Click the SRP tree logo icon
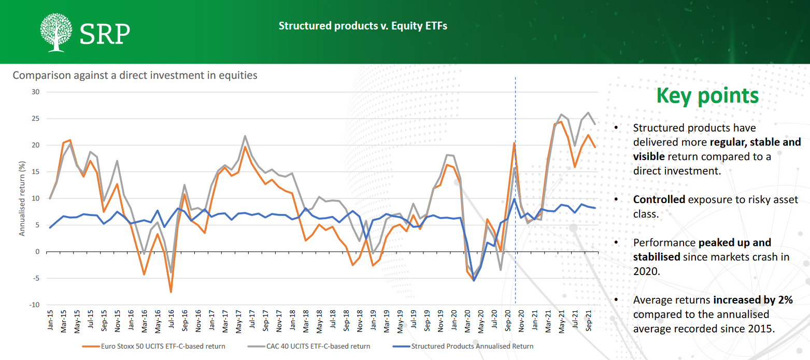[56, 33]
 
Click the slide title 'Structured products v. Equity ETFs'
[363, 25]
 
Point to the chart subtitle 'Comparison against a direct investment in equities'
[135, 75]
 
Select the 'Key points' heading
[707, 96]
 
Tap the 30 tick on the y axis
[36, 92]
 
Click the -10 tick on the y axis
[34, 305]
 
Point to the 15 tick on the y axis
[36, 171]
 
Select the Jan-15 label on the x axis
[50, 322]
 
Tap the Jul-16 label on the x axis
[170, 322]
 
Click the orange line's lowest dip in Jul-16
[170, 292]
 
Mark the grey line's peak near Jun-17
[245, 136]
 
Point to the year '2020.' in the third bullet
[646, 270]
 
